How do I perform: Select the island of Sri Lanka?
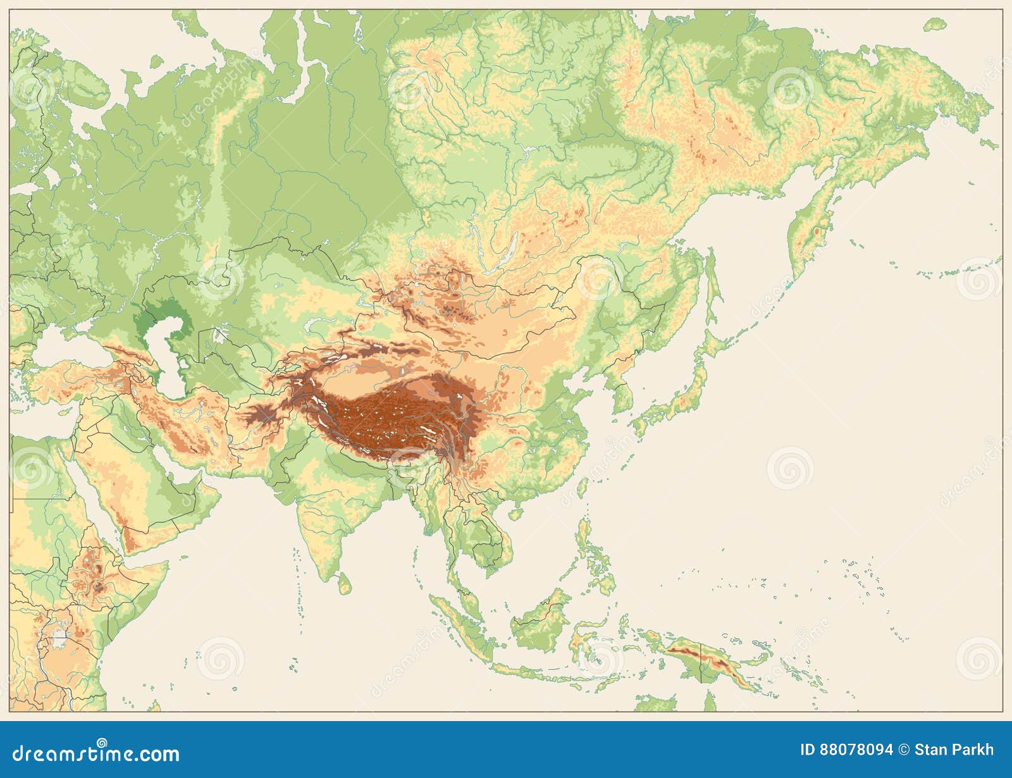344,583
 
